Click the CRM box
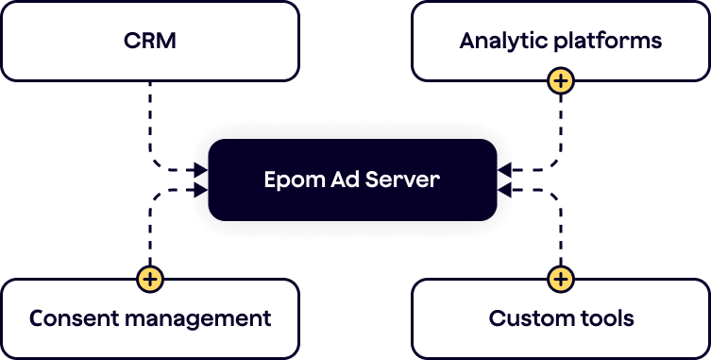(149, 42)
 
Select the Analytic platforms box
(561, 42)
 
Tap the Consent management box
(149, 318)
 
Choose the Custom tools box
(561, 318)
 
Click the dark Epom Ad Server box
(352, 180)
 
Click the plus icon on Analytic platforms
(561, 81)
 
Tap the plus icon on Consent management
(150, 279)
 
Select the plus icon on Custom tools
(561, 279)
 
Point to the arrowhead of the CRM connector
(200, 170)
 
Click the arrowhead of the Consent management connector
(200, 190)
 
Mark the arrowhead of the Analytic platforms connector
(504, 170)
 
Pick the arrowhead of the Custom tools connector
(504, 190)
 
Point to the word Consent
(74, 318)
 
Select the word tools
(601, 318)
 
